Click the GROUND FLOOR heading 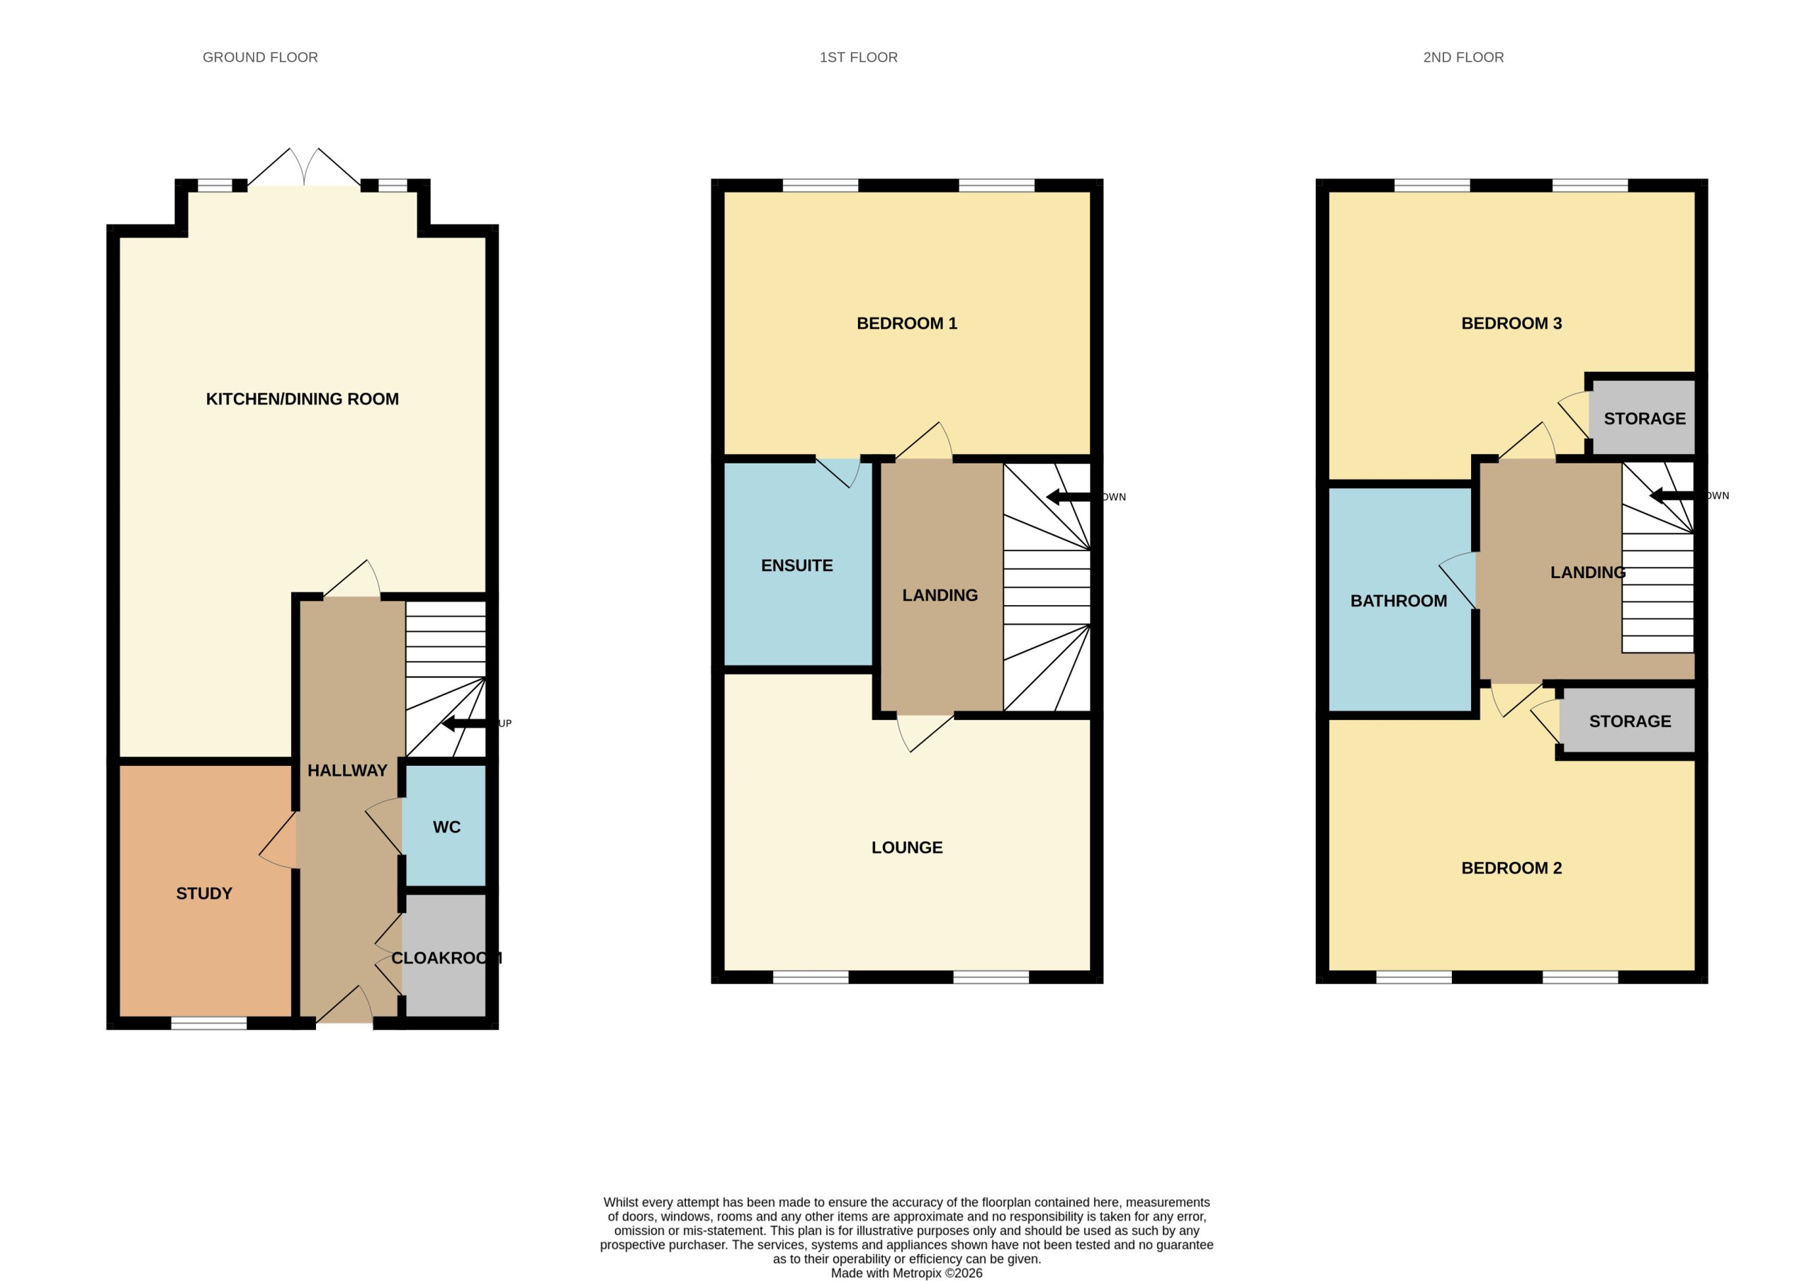click(x=260, y=57)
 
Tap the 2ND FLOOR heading click(x=1463, y=57)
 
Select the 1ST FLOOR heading click(x=858, y=57)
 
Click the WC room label click(x=446, y=827)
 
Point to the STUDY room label click(x=204, y=893)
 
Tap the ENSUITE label click(x=796, y=565)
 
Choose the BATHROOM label click(x=1399, y=601)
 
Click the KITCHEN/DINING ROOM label click(x=302, y=399)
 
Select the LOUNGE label click(x=907, y=847)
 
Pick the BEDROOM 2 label click(x=1511, y=868)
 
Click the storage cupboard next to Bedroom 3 click(x=1643, y=418)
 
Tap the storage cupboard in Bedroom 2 click(x=1628, y=721)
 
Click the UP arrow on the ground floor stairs click(x=470, y=723)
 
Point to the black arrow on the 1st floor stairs click(x=1074, y=497)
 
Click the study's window click(x=208, y=1024)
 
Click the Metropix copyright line click(x=906, y=1273)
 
